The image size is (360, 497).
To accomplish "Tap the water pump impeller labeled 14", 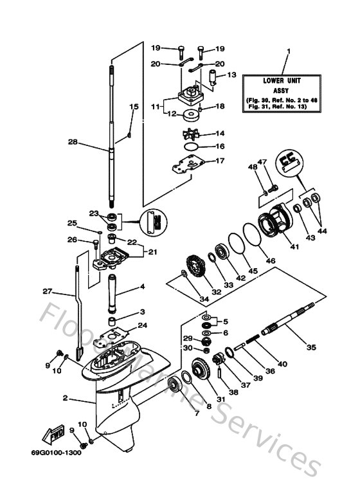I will [193, 136].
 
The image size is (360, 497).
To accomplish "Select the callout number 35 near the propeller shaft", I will [311, 347].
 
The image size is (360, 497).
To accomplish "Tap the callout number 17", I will [220, 161].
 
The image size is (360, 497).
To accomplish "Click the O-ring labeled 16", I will [192, 147].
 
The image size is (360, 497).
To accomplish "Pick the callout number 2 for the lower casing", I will [65, 399].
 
